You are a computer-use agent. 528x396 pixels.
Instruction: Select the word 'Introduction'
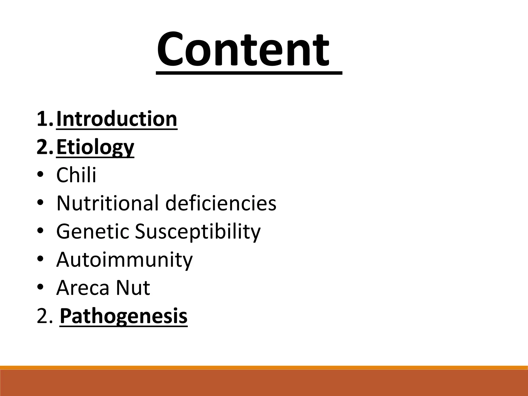point(117,119)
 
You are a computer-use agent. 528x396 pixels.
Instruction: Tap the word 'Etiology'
point(95,147)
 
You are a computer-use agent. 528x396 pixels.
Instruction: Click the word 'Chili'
point(76,175)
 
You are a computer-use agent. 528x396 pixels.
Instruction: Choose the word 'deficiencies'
point(221,203)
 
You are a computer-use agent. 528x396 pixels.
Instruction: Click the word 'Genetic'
point(93,231)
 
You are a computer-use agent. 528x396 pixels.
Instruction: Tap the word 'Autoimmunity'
point(125,260)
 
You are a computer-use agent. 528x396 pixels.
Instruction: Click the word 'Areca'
point(83,288)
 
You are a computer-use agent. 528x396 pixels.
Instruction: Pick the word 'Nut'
point(133,288)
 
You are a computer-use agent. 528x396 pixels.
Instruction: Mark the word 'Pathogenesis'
point(123,316)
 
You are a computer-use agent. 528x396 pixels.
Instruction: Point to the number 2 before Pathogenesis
point(43,316)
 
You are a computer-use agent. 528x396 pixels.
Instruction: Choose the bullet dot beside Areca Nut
point(40,288)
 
